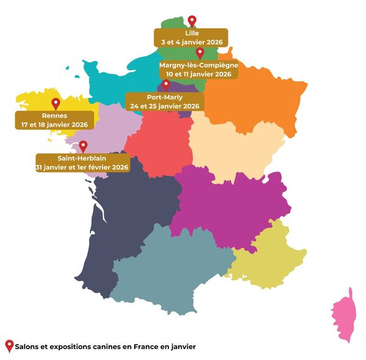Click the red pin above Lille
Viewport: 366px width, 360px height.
tap(192, 21)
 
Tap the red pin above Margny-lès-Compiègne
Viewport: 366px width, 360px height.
tap(199, 53)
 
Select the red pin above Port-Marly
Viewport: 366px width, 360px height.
tap(165, 85)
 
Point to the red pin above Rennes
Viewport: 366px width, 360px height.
tap(56, 104)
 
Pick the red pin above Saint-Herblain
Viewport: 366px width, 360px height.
tap(83, 146)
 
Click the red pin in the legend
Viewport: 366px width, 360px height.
tap(9, 345)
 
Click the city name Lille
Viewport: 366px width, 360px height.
tap(192, 34)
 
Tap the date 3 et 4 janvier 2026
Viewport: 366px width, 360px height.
tap(192, 42)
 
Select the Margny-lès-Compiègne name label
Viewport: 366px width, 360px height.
tap(198, 65)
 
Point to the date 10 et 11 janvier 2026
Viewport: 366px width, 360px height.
tap(198, 74)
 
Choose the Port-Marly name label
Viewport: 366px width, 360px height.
tap(165, 97)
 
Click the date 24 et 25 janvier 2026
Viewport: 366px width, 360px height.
tap(165, 106)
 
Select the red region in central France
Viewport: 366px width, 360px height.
tap(160, 143)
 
